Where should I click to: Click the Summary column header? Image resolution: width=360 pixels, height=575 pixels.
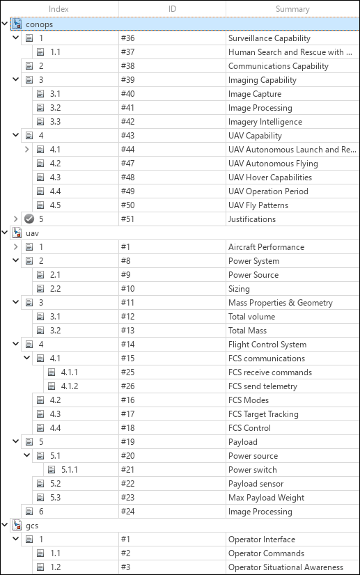[292, 9]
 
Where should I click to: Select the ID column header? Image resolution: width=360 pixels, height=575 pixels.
[172, 9]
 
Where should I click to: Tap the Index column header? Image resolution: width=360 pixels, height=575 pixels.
[58, 9]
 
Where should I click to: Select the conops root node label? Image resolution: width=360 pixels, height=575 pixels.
[39, 24]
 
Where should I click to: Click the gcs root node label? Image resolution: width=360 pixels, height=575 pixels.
[32, 526]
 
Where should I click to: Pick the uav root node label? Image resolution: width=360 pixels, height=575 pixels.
[32, 233]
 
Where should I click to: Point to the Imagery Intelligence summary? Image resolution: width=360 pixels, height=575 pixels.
[265, 122]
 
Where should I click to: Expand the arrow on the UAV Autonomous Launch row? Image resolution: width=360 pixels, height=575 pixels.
[27, 150]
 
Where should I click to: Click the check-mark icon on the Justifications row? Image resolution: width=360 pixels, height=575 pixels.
[29, 219]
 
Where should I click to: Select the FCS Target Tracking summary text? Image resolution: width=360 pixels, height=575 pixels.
[263, 414]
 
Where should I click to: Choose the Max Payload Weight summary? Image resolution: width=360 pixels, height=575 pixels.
[265, 498]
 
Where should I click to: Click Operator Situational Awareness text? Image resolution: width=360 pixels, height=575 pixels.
[285, 567]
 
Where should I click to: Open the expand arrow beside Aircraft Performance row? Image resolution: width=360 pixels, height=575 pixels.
[16, 247]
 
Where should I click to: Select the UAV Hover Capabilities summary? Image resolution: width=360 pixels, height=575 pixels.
[270, 178]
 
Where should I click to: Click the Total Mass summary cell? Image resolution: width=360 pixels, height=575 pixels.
[247, 331]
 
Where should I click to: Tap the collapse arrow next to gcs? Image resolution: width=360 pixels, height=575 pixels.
[6, 526]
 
